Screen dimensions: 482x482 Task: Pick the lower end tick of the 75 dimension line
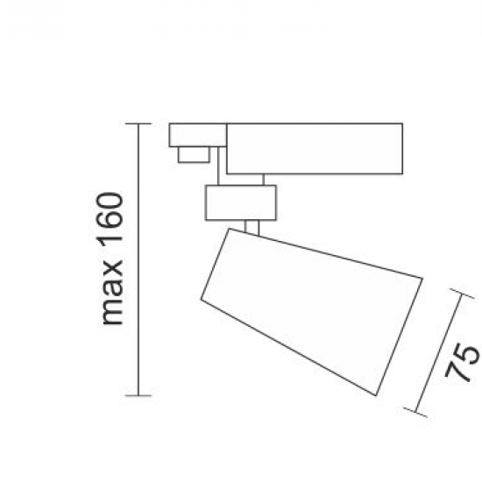pyautogui.click(x=415, y=409)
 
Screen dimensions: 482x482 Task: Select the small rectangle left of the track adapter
pyautogui.click(x=198, y=136)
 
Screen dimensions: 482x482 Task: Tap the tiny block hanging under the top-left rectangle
pyautogui.click(x=192, y=154)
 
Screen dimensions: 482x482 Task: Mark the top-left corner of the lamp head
pyautogui.click(x=226, y=230)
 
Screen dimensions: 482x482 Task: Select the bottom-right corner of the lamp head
pyautogui.click(x=380, y=393)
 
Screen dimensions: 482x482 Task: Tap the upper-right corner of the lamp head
pyautogui.click(x=423, y=279)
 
